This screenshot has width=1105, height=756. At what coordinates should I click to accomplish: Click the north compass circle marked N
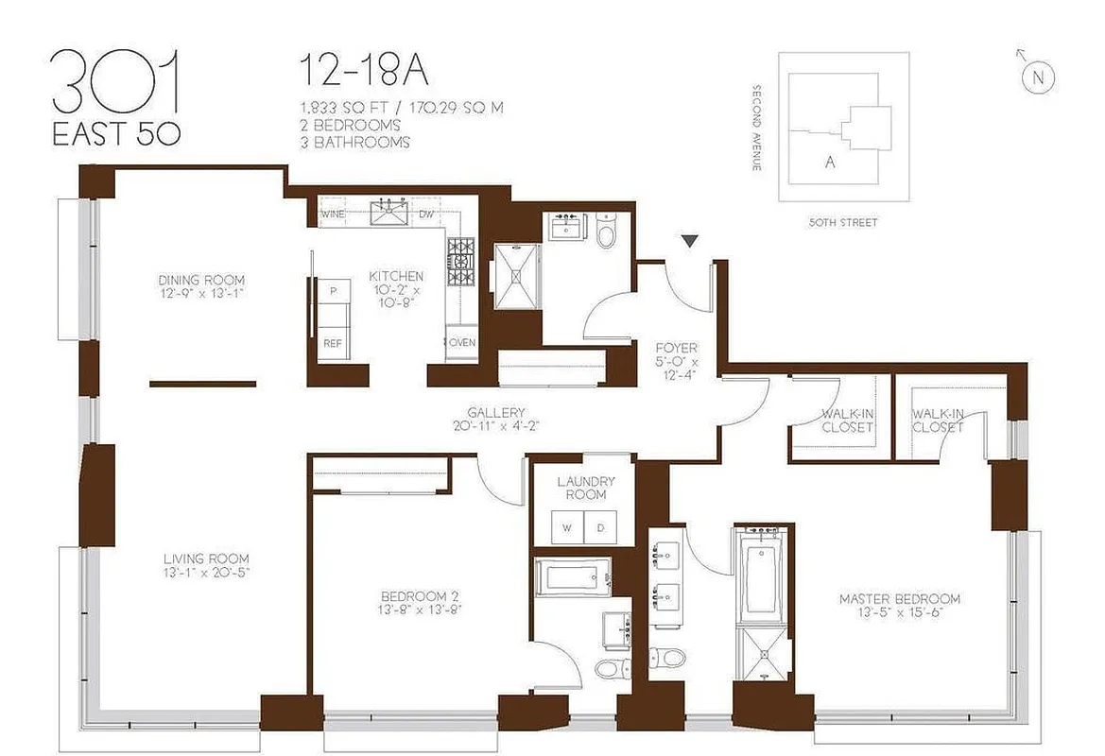coord(1038,78)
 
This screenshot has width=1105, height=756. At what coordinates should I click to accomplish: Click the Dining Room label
coord(201,285)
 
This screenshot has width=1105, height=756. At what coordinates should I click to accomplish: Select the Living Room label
coord(206,565)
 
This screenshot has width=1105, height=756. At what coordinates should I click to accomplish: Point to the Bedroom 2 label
coord(420,602)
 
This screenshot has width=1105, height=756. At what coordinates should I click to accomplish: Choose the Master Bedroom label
coord(900,605)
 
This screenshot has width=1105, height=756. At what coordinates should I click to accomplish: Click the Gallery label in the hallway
coord(495,419)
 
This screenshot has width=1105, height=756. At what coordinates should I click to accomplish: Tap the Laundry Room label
coord(580,488)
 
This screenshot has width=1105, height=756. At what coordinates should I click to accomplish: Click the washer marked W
coord(568,527)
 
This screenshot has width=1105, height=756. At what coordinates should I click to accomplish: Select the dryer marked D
coord(600,527)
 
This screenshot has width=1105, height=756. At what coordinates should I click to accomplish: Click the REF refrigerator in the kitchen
coord(332,344)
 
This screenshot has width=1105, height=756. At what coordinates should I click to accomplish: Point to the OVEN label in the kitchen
coord(462,342)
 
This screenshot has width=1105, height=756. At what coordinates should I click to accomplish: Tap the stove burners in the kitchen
coord(461,253)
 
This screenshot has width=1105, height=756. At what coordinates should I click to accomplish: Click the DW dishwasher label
coord(426,215)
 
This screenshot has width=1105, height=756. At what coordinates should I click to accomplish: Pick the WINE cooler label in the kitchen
coord(333,215)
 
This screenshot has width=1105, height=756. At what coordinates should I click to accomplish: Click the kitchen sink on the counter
coord(388,214)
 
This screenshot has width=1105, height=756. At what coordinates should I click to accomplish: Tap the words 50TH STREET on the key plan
coord(843,223)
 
